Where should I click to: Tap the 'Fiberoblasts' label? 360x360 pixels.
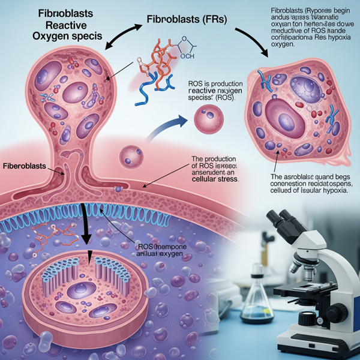(x=28, y=165)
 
